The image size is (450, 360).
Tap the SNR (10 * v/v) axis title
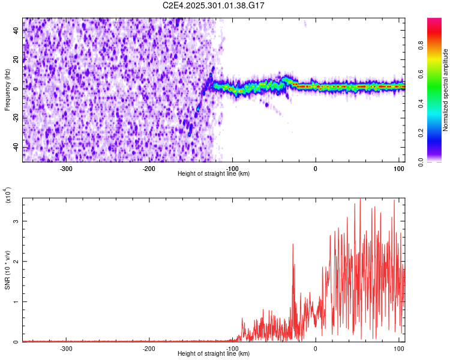click(x=7, y=269)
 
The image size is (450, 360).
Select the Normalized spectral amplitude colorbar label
click(x=446, y=90)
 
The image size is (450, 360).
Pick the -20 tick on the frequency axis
click(x=15, y=118)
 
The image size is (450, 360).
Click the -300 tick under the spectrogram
click(x=66, y=168)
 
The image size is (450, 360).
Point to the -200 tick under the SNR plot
click(x=149, y=348)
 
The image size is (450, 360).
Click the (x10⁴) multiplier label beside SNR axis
click(x=7, y=195)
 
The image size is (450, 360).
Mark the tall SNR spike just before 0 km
click(x=293, y=245)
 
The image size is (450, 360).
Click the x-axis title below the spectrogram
click(x=214, y=173)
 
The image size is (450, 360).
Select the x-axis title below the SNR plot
click(x=214, y=353)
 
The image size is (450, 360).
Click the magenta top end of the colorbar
click(x=434, y=20)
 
